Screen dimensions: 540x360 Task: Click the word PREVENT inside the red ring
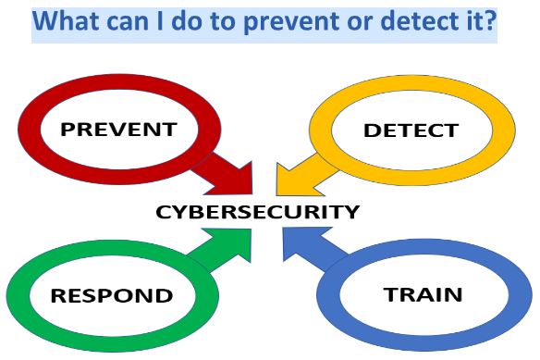pyautogui.click(x=117, y=128)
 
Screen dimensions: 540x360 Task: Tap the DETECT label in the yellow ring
pyautogui.click(x=410, y=130)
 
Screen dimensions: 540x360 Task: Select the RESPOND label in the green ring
pyautogui.click(x=112, y=296)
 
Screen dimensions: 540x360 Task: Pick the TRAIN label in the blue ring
pyautogui.click(x=423, y=295)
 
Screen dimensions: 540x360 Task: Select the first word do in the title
pyautogui.click(x=197, y=20)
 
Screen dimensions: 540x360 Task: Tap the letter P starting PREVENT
pyautogui.click(x=68, y=128)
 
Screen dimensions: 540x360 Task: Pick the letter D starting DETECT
pyautogui.click(x=370, y=130)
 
